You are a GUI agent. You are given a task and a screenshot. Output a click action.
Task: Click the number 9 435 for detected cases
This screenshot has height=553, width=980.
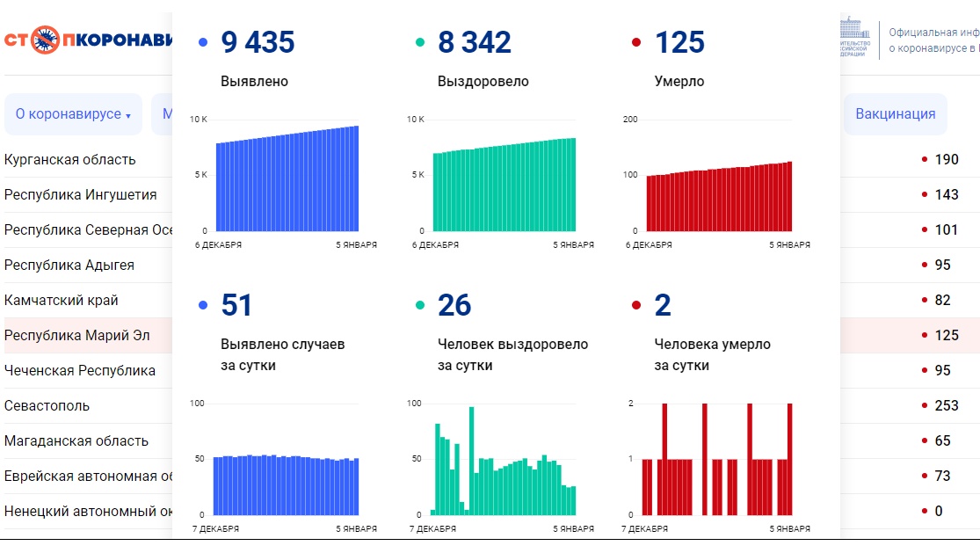(x=258, y=42)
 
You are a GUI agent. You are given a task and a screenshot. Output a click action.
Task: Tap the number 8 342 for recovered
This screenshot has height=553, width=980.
(x=475, y=42)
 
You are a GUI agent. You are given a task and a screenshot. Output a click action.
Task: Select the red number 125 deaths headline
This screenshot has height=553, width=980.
(x=679, y=42)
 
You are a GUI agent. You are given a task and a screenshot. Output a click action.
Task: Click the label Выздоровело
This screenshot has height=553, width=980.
(x=483, y=82)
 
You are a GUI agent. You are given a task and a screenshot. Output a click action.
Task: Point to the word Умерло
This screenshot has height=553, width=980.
(x=679, y=82)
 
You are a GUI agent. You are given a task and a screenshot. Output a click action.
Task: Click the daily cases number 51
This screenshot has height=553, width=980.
(x=236, y=305)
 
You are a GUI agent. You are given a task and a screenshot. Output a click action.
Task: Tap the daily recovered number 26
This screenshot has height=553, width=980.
(x=454, y=305)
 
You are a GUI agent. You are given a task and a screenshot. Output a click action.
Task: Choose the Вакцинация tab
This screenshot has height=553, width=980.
(x=895, y=114)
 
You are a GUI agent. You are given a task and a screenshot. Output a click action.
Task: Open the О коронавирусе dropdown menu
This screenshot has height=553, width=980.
(x=73, y=114)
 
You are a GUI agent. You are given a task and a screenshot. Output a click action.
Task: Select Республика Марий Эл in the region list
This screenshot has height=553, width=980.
(x=77, y=335)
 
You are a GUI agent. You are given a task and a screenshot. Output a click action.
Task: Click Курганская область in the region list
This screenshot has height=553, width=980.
(x=70, y=159)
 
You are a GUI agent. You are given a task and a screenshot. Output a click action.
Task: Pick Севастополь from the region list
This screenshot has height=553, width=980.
(x=47, y=405)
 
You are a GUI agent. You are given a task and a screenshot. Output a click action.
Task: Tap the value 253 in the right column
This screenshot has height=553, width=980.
(x=947, y=405)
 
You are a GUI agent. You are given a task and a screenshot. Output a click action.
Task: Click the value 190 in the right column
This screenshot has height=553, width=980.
(x=947, y=159)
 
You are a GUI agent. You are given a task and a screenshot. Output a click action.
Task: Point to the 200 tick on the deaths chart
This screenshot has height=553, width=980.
(x=629, y=119)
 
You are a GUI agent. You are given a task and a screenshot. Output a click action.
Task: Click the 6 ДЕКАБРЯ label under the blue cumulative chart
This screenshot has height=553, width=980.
(x=218, y=245)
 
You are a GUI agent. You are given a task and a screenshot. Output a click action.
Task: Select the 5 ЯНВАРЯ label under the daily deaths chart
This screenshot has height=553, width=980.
(x=790, y=529)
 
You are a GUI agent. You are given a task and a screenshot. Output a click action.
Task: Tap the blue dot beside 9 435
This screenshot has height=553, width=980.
(x=204, y=42)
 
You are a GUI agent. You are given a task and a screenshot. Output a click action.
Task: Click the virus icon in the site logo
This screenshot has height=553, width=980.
(x=45, y=40)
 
